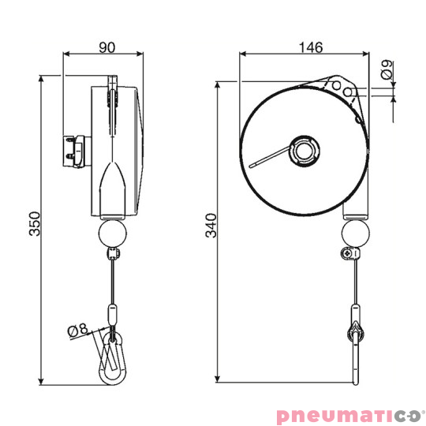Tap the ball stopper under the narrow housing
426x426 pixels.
(112, 234)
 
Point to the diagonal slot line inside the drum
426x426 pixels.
(272, 158)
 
